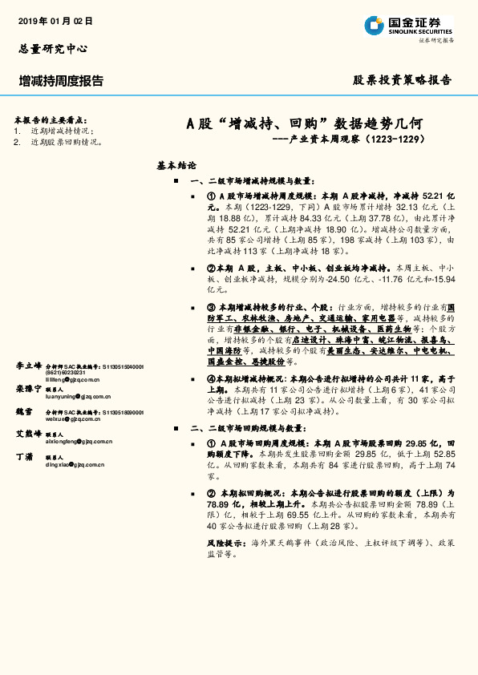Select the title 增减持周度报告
(61, 81)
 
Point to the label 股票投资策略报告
(403, 80)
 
